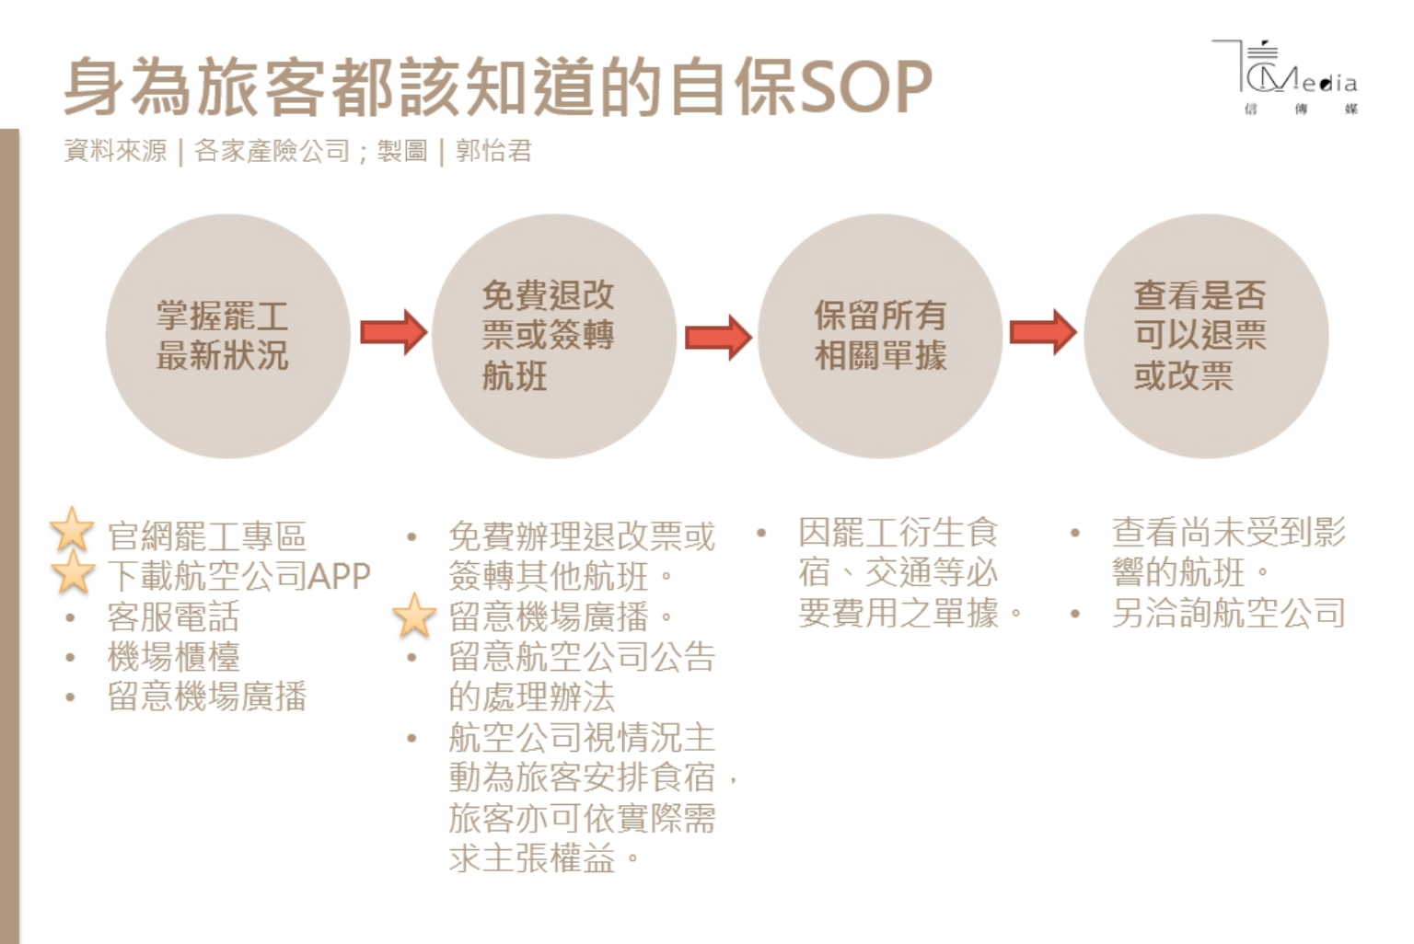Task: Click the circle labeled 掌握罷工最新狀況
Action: click(x=226, y=336)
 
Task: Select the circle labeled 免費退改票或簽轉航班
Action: click(x=553, y=336)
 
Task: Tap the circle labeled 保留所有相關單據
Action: click(x=880, y=336)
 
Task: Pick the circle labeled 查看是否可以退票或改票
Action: click(x=1206, y=336)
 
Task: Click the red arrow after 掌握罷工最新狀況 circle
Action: click(x=393, y=332)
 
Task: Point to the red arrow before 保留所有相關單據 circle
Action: click(x=718, y=336)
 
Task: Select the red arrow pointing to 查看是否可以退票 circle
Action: click(x=1043, y=332)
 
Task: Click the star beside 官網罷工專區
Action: click(x=72, y=531)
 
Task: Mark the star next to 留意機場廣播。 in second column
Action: click(x=414, y=616)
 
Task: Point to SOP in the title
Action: click(x=865, y=87)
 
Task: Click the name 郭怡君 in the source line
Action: click(x=493, y=151)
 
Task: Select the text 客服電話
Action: click(x=173, y=616)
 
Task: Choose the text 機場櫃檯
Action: click(x=173, y=657)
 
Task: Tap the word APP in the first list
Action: click(x=339, y=577)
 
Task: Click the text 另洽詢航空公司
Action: click(x=1228, y=613)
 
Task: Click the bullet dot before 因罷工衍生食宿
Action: click(x=761, y=533)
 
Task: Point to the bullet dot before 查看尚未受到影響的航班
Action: click(x=1074, y=533)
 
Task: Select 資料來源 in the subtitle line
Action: click(x=116, y=151)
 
